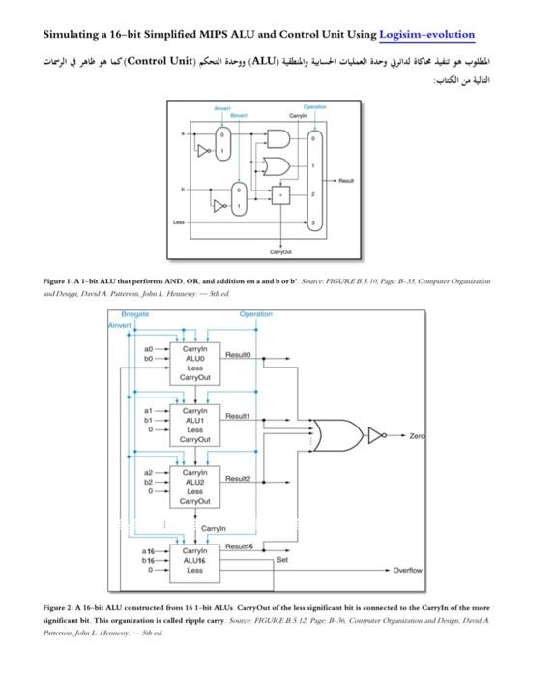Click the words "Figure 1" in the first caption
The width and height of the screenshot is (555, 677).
pos(61,280)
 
